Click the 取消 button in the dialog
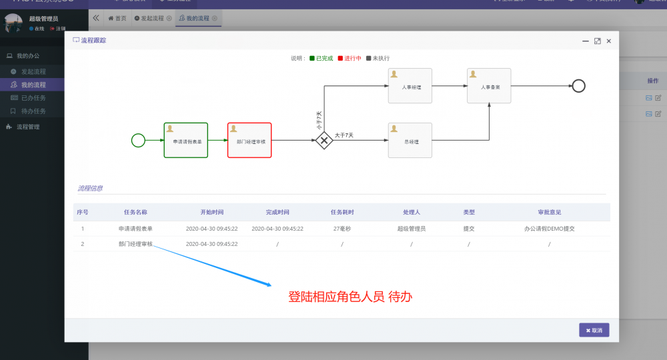pyautogui.click(x=594, y=330)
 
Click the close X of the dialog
pyautogui.click(x=608, y=41)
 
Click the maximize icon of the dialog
pyautogui.click(x=597, y=41)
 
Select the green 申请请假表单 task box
pyautogui.click(x=185, y=140)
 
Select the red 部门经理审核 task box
pyautogui.click(x=249, y=140)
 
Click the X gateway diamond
pyautogui.click(x=324, y=140)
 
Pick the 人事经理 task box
pyautogui.click(x=410, y=86)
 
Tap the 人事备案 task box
pyautogui.click(x=489, y=86)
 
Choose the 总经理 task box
pyautogui.click(x=410, y=140)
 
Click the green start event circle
pyautogui.click(x=138, y=140)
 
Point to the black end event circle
pyautogui.click(x=578, y=85)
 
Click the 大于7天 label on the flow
pyautogui.click(x=344, y=135)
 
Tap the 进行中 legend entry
pyautogui.click(x=350, y=58)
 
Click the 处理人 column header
pyautogui.click(x=412, y=212)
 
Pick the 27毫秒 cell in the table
pyautogui.click(x=342, y=228)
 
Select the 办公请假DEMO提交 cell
pyautogui.click(x=549, y=228)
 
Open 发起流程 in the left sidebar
pyautogui.click(x=33, y=71)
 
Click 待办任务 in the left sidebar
pyautogui.click(x=33, y=111)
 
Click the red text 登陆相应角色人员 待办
pyautogui.click(x=350, y=297)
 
